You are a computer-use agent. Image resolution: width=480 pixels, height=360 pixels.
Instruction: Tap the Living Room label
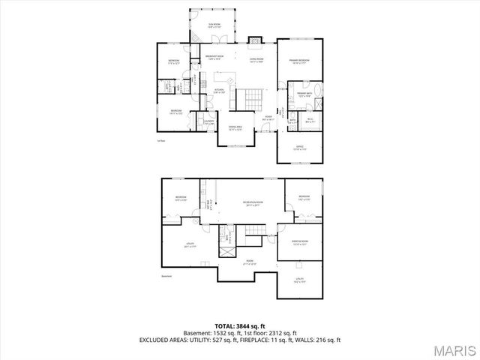256,59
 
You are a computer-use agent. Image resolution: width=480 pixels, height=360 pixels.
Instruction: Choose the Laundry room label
209,122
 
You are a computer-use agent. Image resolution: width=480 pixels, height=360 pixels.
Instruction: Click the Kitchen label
218,91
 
